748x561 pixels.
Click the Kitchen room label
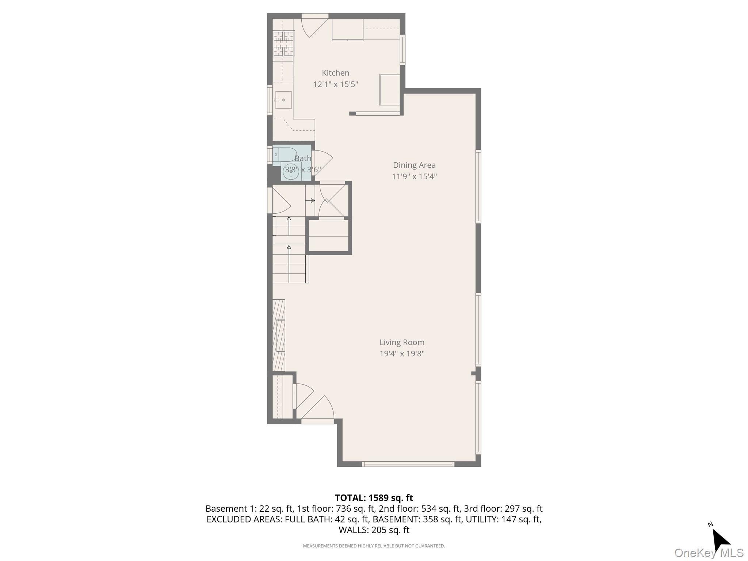coord(335,73)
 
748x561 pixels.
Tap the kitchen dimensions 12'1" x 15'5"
coord(335,85)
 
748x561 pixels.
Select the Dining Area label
coord(414,165)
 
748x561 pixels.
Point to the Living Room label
coord(402,343)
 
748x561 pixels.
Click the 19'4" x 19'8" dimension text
coord(402,354)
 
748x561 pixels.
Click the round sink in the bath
coord(291,171)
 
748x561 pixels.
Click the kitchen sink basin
coord(283,100)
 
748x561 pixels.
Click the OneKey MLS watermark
coord(709,553)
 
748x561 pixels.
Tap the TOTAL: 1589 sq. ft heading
coord(374,498)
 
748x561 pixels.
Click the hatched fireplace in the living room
coord(279,335)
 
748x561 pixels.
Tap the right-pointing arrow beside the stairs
coord(312,201)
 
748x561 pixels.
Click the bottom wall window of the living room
coord(408,464)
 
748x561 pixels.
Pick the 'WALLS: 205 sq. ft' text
coord(374,530)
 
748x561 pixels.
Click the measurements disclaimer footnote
coord(374,546)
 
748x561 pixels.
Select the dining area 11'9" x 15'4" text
coord(414,177)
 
